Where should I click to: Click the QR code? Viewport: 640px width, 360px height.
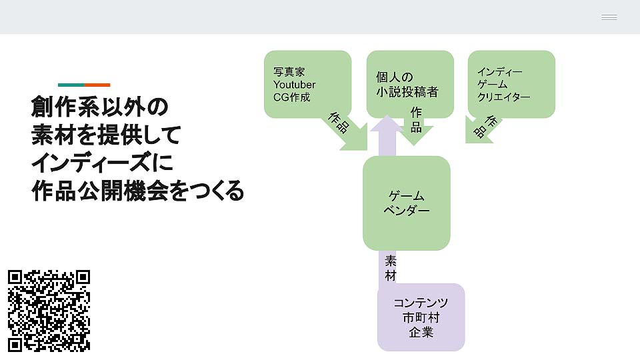[x=49, y=310]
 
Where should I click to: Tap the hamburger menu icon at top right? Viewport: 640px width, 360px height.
[x=609, y=17]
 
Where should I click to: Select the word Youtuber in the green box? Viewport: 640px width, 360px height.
[x=294, y=85]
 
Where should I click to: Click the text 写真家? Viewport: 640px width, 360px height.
[x=289, y=72]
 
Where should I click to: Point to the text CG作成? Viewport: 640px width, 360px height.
[x=292, y=97]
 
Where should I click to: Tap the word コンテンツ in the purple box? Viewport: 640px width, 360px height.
[x=421, y=303]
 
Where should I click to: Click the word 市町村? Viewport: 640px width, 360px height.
[x=421, y=317]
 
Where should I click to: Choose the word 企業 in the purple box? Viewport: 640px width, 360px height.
[x=421, y=332]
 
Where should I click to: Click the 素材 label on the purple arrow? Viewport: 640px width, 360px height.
[x=391, y=268]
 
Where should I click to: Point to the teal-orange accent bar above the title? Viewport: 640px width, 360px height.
[x=84, y=85]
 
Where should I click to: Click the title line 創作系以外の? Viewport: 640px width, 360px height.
[x=99, y=107]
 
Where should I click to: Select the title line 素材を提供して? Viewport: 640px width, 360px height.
[x=106, y=135]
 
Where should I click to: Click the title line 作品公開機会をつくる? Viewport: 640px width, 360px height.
[x=137, y=191]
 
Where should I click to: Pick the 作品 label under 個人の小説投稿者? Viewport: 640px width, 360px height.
[x=416, y=119]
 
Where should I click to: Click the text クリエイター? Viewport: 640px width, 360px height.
[x=503, y=97]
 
